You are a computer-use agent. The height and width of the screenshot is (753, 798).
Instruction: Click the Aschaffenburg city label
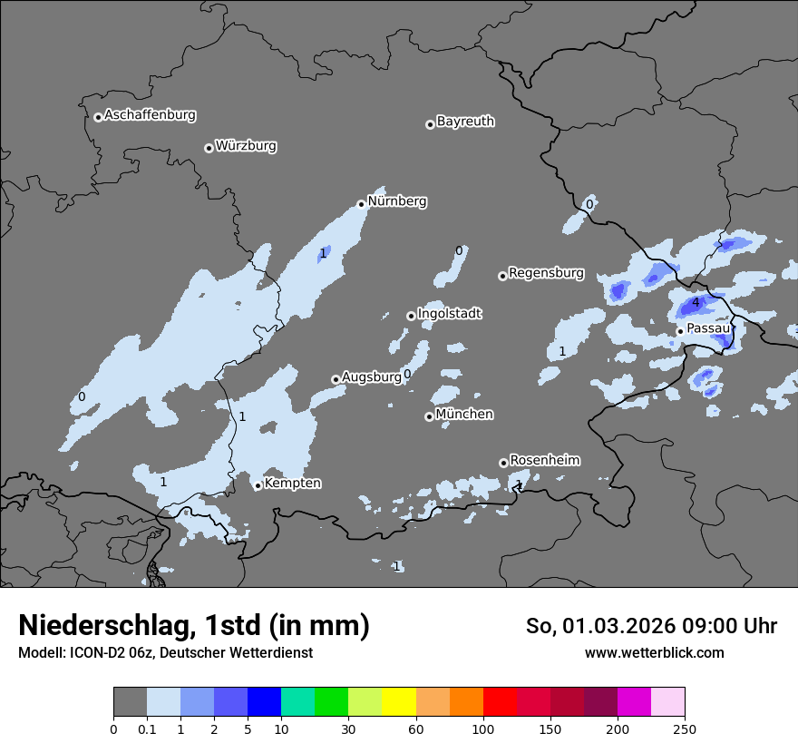[x=150, y=115]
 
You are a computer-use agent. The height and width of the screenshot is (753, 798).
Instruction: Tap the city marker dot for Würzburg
[x=209, y=148]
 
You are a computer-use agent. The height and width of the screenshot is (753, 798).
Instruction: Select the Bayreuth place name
[x=465, y=121]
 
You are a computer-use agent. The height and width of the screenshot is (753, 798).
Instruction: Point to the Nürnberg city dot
[x=361, y=204]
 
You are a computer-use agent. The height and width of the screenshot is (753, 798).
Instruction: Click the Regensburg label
[x=546, y=272]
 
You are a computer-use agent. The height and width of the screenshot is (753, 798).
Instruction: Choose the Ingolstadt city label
[x=449, y=313]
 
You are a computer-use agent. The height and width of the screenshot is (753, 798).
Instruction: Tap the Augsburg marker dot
[x=336, y=379]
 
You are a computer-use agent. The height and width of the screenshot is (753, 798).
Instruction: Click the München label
[x=464, y=414]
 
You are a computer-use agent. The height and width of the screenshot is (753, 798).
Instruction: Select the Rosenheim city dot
[x=503, y=463]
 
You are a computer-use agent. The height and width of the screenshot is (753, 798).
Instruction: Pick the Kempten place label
[x=292, y=483]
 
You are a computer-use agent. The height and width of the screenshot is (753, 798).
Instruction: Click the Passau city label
[x=708, y=328]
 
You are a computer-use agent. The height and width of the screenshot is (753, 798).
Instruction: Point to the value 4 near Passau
[x=696, y=303]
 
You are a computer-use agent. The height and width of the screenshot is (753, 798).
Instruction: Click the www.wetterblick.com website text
[x=654, y=652]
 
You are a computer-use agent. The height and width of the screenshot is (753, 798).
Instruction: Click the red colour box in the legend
[x=500, y=702]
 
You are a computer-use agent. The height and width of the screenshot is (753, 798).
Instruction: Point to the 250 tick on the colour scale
[x=685, y=729]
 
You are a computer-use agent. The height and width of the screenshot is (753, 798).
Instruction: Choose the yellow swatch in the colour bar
[x=399, y=702]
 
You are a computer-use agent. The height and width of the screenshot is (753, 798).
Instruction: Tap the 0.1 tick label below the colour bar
[x=147, y=729]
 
